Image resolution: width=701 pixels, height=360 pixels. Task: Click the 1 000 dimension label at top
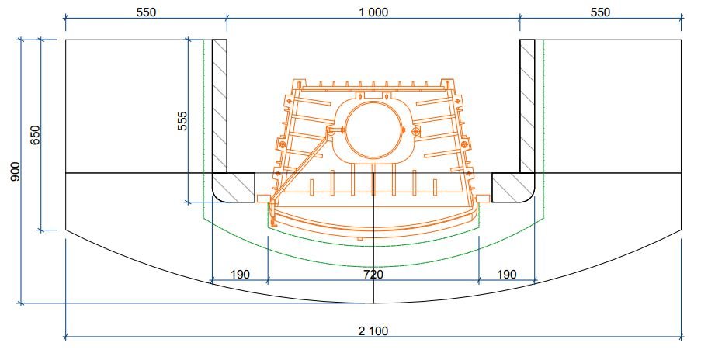(373, 12)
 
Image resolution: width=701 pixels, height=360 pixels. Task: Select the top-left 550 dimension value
(146, 12)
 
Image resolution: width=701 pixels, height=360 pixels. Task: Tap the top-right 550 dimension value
(600, 12)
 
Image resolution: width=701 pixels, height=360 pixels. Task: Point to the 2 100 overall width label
(373, 331)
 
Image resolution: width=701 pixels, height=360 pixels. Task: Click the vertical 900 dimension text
(16, 171)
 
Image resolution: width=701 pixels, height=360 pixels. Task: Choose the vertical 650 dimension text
(35, 135)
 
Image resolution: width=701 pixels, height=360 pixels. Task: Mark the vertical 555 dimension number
(182, 120)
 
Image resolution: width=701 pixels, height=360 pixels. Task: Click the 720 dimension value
(373, 274)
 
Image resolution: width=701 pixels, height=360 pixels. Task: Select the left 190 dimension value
(240, 274)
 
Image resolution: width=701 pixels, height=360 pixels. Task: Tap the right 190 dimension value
(506, 274)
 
